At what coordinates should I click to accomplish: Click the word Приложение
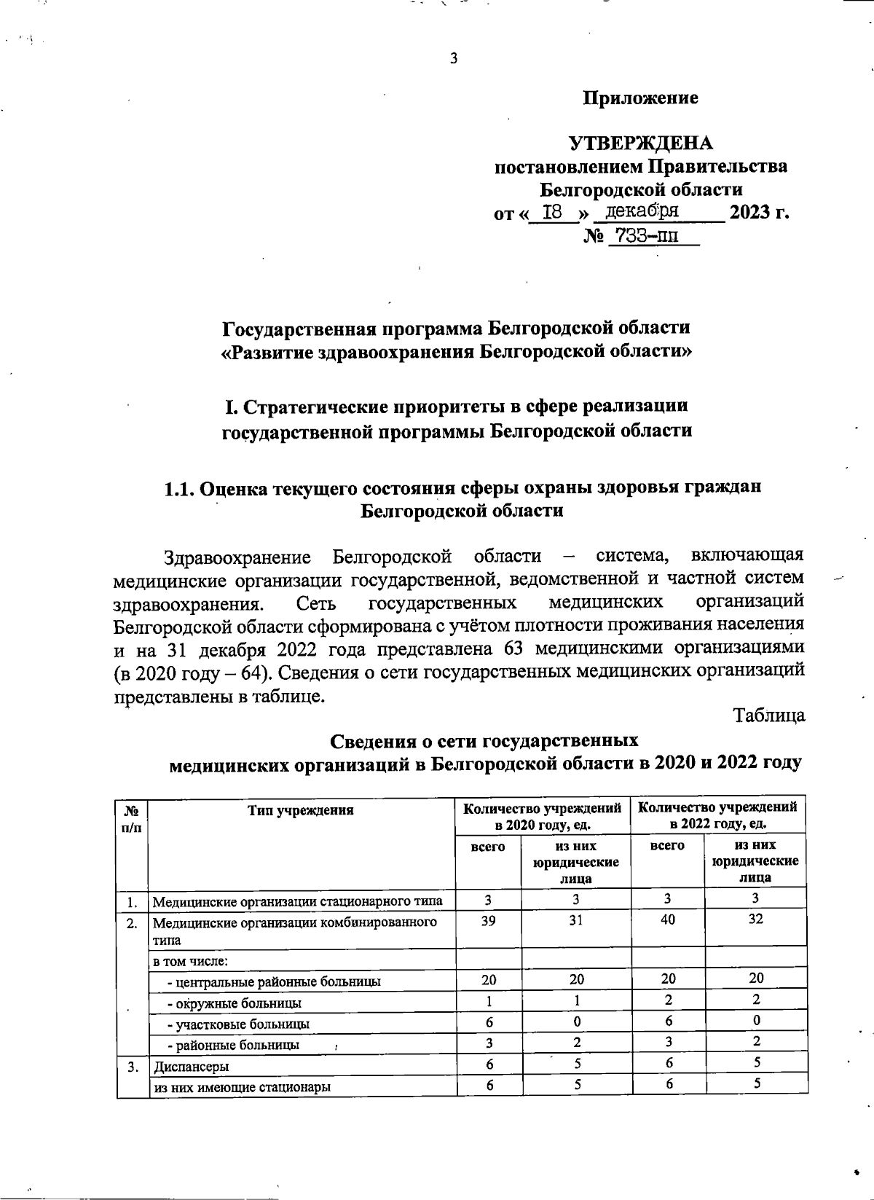[x=640, y=98]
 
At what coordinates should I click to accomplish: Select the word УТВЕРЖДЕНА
[x=640, y=143]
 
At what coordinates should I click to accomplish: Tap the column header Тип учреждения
[x=300, y=810]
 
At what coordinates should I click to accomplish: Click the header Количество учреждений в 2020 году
[x=543, y=815]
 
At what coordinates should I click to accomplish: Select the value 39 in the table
[x=489, y=919]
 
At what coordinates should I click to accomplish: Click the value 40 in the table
[x=667, y=919]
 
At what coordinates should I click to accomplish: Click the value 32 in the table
[x=756, y=919]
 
